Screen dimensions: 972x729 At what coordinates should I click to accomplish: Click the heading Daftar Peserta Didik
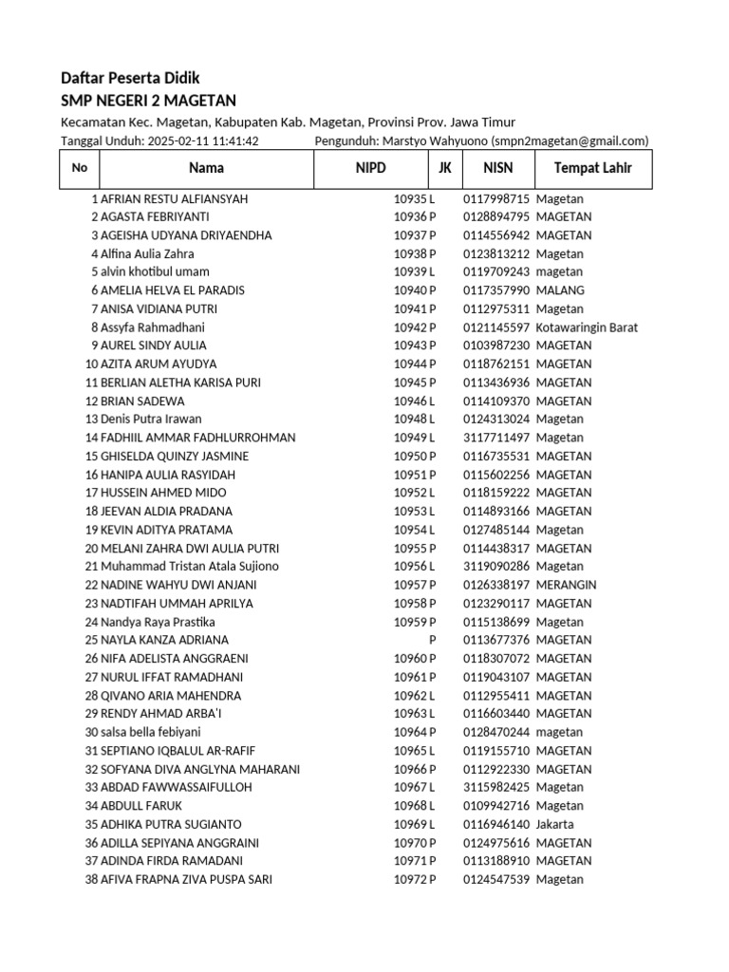130,78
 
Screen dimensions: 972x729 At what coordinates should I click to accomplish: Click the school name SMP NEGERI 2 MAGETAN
148,101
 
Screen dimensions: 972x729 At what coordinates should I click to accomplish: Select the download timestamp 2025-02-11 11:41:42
204,140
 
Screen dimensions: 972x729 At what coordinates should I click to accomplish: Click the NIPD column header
371,169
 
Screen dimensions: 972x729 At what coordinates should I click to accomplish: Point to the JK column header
444,169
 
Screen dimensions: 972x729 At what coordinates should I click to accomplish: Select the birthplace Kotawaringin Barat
587,327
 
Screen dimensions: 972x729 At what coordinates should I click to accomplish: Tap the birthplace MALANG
560,290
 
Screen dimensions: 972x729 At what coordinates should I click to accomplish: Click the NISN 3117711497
496,438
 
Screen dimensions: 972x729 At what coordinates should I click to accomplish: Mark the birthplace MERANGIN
566,585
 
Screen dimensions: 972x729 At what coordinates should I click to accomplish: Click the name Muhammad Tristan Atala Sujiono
190,567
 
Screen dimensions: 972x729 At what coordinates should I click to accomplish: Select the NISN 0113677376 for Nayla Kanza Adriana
496,640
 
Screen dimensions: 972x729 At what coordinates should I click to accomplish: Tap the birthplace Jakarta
554,824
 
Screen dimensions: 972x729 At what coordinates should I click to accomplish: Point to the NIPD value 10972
410,879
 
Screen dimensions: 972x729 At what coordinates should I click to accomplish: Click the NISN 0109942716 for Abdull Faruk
496,806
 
